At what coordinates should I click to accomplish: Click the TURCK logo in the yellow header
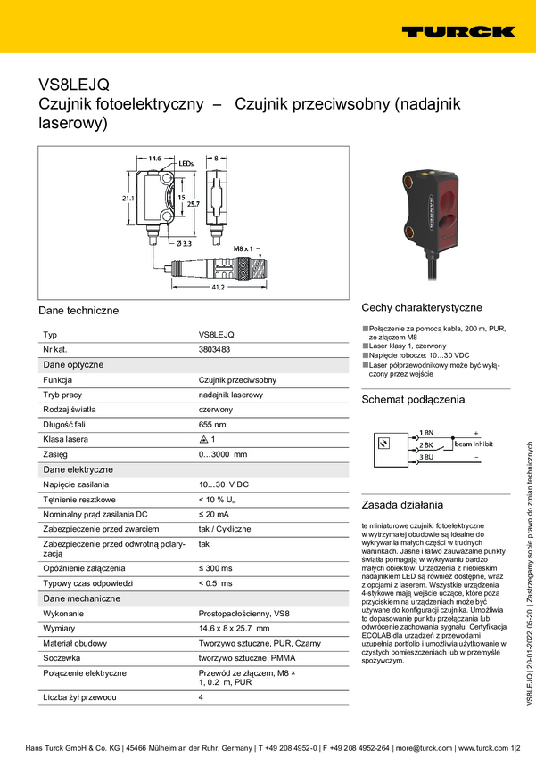click(x=458, y=31)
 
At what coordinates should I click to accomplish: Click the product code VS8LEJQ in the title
click(x=74, y=85)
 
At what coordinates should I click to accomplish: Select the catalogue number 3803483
click(x=214, y=350)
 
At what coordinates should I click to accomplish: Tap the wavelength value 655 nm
click(x=211, y=425)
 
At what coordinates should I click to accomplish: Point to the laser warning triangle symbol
click(x=203, y=440)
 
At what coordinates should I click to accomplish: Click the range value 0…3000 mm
click(x=222, y=455)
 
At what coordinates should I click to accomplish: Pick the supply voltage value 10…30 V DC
click(x=223, y=484)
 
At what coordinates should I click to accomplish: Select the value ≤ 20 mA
click(x=213, y=515)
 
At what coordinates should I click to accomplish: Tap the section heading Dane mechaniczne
click(x=82, y=598)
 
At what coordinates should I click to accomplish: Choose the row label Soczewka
click(x=62, y=659)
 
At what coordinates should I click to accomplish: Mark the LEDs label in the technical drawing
click(x=186, y=164)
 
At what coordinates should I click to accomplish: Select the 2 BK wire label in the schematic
click(x=425, y=444)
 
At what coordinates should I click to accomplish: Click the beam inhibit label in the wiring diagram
click(x=473, y=444)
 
